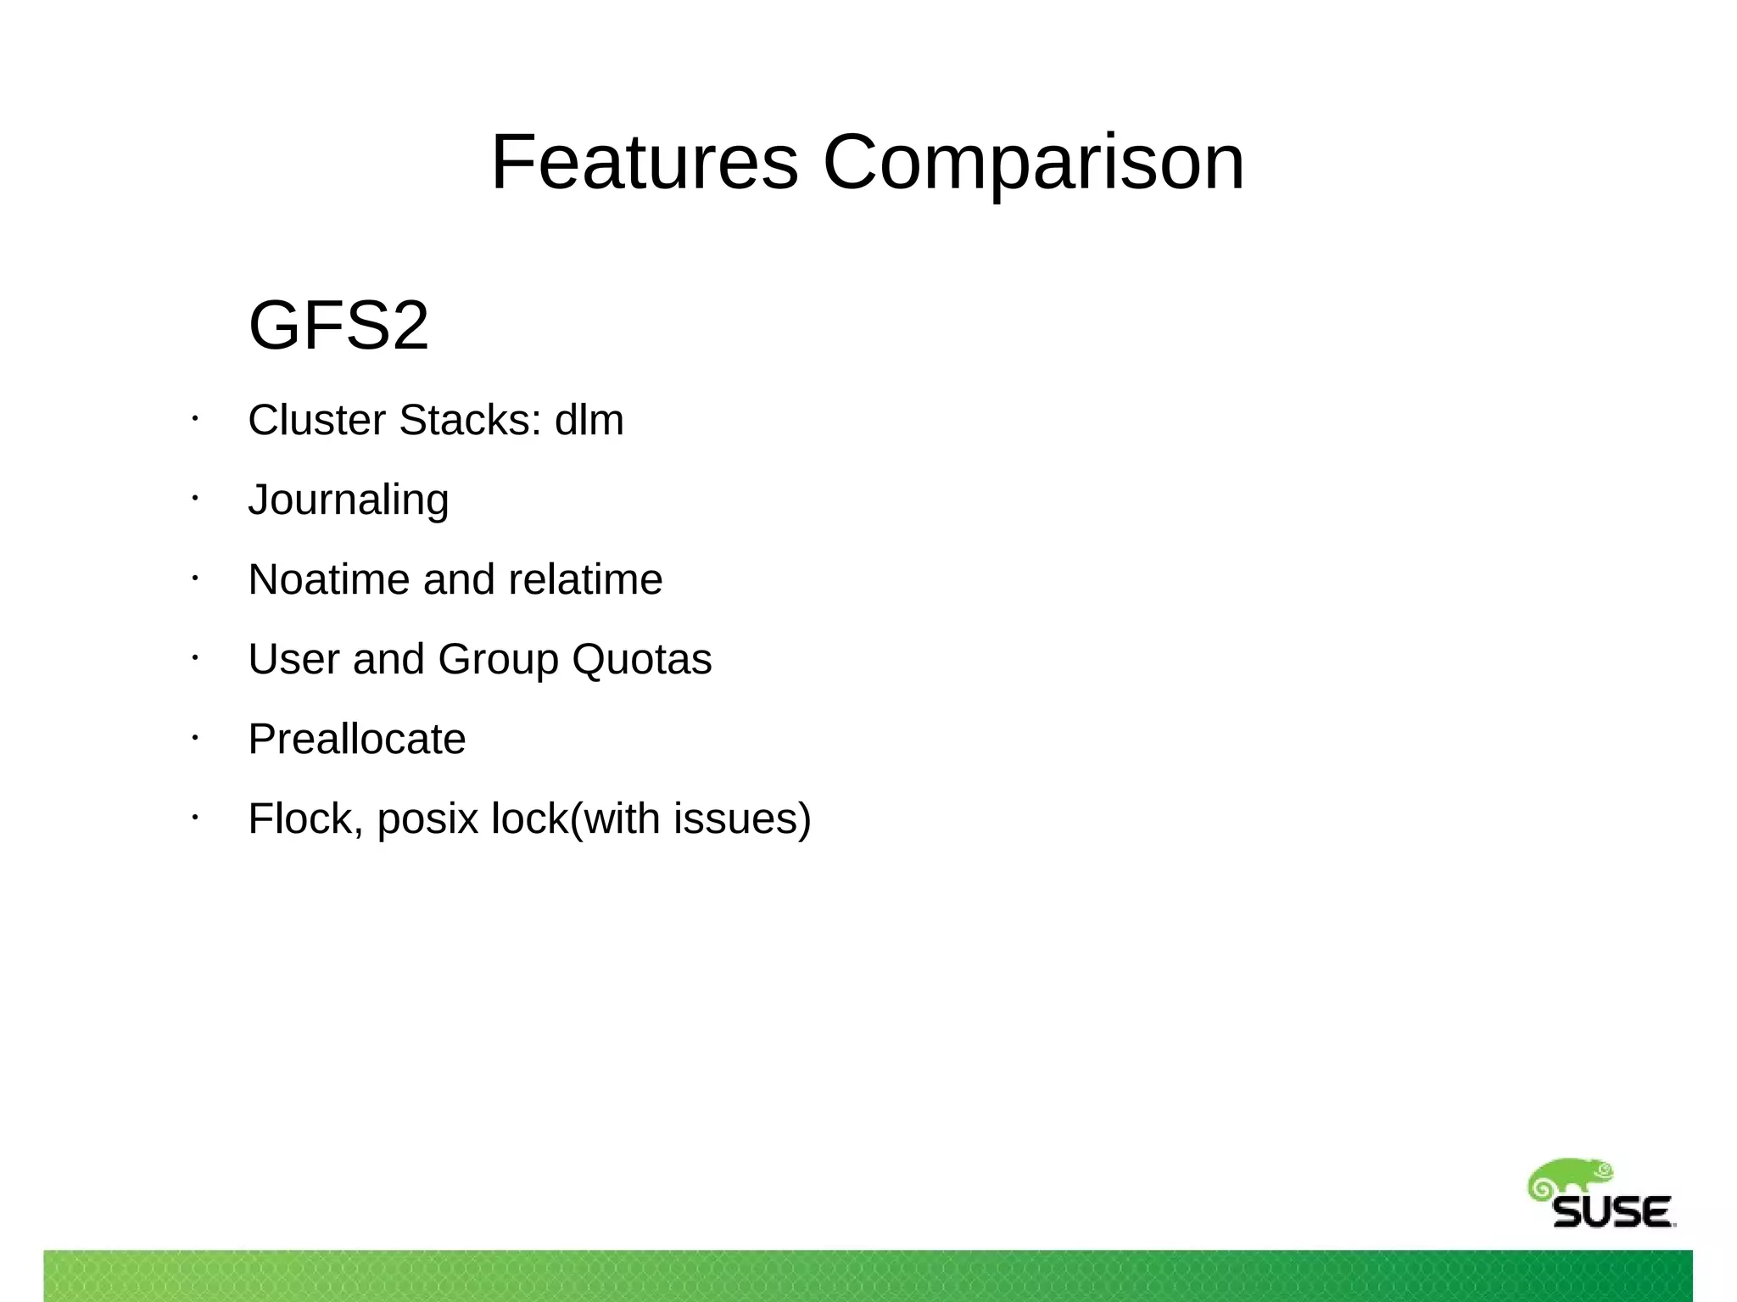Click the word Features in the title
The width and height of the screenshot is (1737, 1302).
pos(645,162)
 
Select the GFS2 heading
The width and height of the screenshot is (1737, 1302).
pos(338,325)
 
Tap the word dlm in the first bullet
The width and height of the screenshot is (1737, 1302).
pos(589,420)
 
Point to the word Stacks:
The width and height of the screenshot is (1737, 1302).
pos(470,420)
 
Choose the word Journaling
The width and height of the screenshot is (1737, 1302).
pos(348,500)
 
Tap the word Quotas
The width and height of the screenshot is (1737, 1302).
pos(642,659)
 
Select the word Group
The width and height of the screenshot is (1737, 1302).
pos(498,659)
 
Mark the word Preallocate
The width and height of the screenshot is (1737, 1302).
pos(356,739)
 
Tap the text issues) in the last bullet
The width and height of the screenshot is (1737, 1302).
pos(742,819)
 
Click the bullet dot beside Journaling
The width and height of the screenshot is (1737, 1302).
pos(194,499)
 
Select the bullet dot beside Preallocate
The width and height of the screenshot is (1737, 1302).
pos(194,738)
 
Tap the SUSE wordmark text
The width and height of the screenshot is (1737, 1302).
pos(1612,1212)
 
